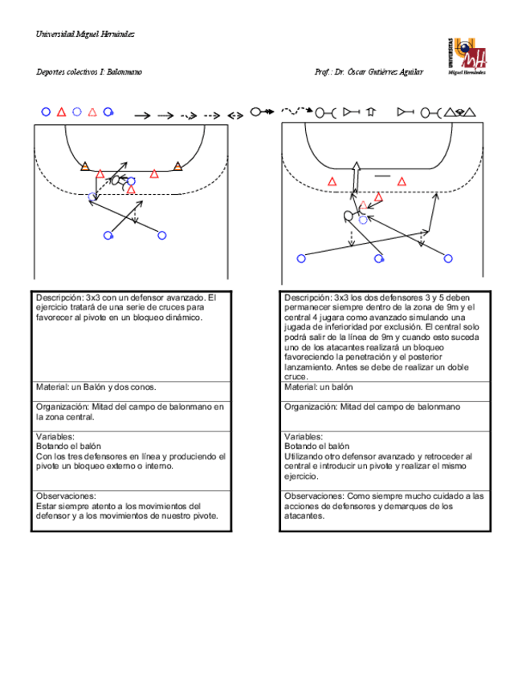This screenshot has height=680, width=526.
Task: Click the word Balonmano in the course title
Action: pos(124,72)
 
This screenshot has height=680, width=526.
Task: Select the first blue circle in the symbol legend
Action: pos(46,112)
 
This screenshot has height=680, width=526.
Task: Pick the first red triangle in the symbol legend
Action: pos(61,112)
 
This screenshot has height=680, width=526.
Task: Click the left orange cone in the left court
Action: pos(84,166)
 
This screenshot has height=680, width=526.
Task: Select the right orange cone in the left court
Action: pos(177,166)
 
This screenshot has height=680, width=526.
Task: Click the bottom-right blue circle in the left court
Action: pos(162,235)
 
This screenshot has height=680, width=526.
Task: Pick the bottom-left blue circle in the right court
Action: pos(301,258)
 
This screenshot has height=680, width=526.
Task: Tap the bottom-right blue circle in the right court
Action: pos(447,258)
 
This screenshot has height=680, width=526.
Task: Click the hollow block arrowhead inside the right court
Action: pos(357,168)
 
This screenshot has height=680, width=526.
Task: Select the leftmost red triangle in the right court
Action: pos(332,182)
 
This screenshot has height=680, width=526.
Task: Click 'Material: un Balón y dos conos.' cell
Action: pos(90,387)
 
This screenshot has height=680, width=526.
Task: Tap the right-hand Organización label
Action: pos(310,407)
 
